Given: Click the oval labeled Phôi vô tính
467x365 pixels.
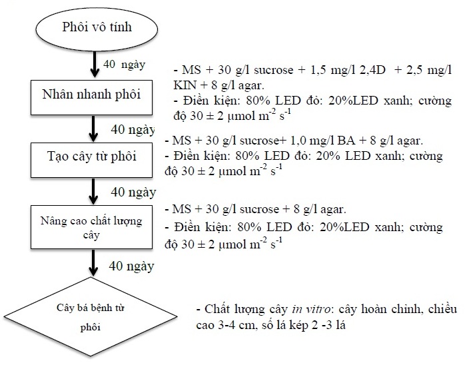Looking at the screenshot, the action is pyautogui.click(x=97, y=28).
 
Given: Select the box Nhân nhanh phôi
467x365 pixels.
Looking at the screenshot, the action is pyautogui.click(x=92, y=97).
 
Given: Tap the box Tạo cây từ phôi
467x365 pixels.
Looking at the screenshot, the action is pyautogui.click(x=92, y=160).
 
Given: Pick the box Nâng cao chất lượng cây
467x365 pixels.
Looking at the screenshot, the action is pyautogui.click(x=92, y=227).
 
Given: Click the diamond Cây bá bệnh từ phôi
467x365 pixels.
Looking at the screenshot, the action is pyautogui.click(x=91, y=317).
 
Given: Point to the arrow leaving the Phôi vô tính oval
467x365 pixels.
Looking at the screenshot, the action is pyautogui.click(x=95, y=65).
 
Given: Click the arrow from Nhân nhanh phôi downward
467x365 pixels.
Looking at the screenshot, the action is pyautogui.click(x=93, y=129).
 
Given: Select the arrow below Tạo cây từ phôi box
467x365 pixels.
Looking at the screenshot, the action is pyautogui.click(x=93, y=191).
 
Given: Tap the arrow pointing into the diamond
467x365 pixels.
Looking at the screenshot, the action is pyautogui.click(x=93, y=263).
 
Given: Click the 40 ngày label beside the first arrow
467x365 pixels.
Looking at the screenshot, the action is pyautogui.click(x=125, y=65).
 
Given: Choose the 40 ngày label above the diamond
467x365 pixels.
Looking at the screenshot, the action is pyautogui.click(x=131, y=266).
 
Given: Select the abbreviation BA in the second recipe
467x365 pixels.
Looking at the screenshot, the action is pyautogui.click(x=346, y=141).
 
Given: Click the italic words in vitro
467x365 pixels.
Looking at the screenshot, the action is pyautogui.click(x=311, y=309).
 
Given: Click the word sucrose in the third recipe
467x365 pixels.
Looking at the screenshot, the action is pyautogui.click(x=259, y=209).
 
